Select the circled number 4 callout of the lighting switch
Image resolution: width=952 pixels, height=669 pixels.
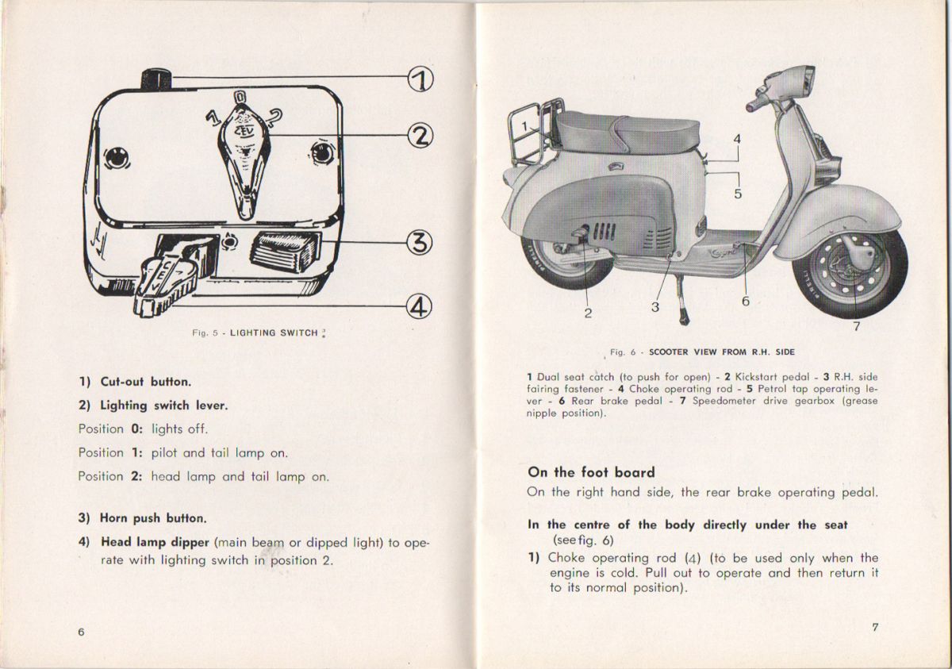pyautogui.click(x=420, y=305)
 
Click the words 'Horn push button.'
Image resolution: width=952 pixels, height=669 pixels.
pyautogui.click(x=152, y=518)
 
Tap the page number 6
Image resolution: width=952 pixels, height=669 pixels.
pyautogui.click(x=81, y=631)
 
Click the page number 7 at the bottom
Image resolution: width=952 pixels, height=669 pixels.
pyautogui.click(x=875, y=627)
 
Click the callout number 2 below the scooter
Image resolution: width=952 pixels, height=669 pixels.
pyautogui.click(x=588, y=313)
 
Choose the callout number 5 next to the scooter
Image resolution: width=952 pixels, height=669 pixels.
pyautogui.click(x=738, y=193)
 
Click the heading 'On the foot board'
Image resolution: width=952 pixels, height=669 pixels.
pyautogui.click(x=591, y=472)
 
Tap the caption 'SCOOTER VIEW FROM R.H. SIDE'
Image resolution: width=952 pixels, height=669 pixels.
pyautogui.click(x=721, y=352)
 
